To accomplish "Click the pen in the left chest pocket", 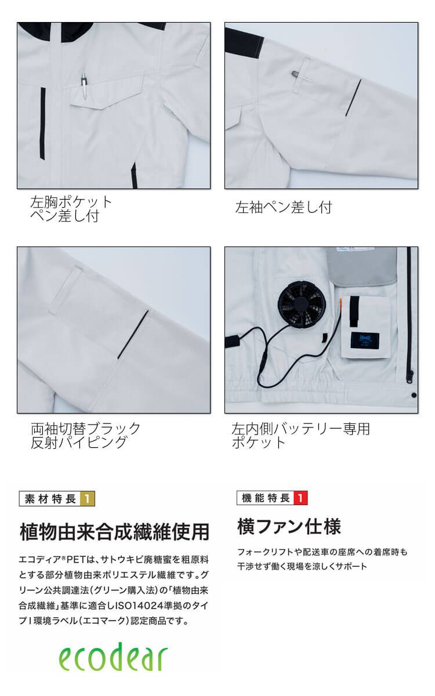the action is coord(84,85).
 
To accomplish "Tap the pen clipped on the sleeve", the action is coord(302,77).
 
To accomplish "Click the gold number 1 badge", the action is coord(88,499).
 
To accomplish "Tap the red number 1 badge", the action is coord(300,498).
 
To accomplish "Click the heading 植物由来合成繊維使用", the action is coord(114,532).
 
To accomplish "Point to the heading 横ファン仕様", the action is coord(289,527).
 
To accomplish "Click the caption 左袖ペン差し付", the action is coord(284,207).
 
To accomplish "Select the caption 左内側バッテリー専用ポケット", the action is coord(300,436).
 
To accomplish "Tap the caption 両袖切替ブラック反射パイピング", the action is coord(85,436).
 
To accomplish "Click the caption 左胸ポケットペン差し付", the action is coord(71,209).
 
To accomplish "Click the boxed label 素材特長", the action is coord(50,499).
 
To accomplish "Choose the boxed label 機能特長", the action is coord(266,498).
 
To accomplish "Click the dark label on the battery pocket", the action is coord(364,340).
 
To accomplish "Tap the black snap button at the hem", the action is coord(414,395).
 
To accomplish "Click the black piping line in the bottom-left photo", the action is coord(134,334).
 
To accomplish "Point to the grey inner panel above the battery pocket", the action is coord(362,264).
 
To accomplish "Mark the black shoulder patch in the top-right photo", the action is coord(244,42).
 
